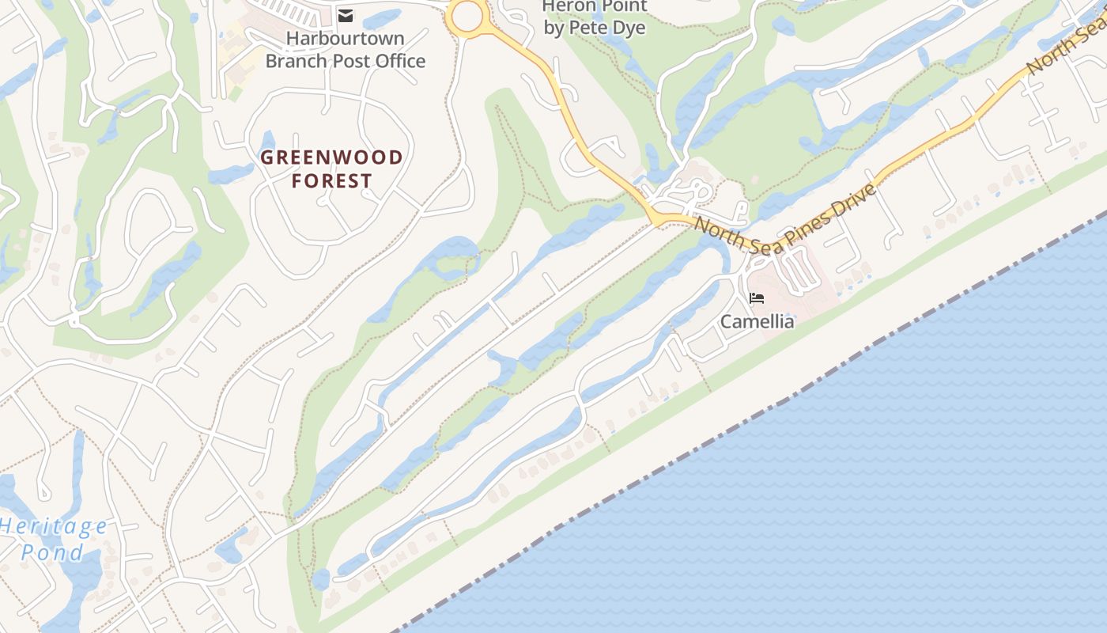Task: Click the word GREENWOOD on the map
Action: [x=331, y=157]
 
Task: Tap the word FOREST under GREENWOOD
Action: [x=331, y=181]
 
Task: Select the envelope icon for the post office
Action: [x=346, y=15]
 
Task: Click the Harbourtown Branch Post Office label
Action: [x=345, y=49]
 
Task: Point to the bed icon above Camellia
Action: [x=757, y=298]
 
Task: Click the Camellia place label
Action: [x=757, y=321]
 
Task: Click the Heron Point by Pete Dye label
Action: [x=595, y=17]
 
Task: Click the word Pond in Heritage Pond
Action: [x=52, y=552]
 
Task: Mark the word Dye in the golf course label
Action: [x=629, y=28]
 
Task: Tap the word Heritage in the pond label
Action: [x=54, y=526]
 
